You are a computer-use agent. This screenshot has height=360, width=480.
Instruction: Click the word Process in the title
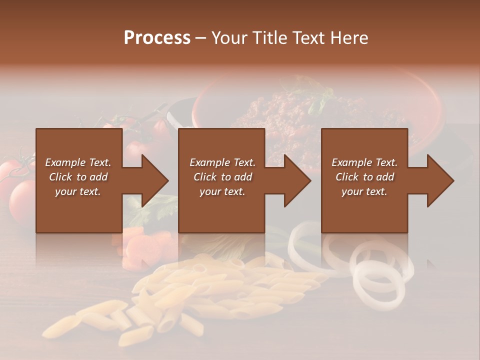[157, 38]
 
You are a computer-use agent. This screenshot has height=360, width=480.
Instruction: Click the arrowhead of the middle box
[294, 180]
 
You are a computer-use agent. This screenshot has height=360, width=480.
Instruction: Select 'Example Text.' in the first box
[78, 162]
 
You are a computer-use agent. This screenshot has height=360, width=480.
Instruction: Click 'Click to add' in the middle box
[222, 177]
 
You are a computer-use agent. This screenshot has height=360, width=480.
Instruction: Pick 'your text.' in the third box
[364, 191]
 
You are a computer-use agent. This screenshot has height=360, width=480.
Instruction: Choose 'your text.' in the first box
[78, 191]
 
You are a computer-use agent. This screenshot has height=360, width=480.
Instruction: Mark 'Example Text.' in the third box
[364, 162]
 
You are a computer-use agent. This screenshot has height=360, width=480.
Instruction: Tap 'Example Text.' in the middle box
[222, 162]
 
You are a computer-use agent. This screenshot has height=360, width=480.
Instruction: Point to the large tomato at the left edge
[22, 197]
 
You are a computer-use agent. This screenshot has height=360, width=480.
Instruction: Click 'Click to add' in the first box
[78, 177]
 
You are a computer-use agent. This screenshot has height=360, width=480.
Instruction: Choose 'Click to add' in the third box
[364, 177]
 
